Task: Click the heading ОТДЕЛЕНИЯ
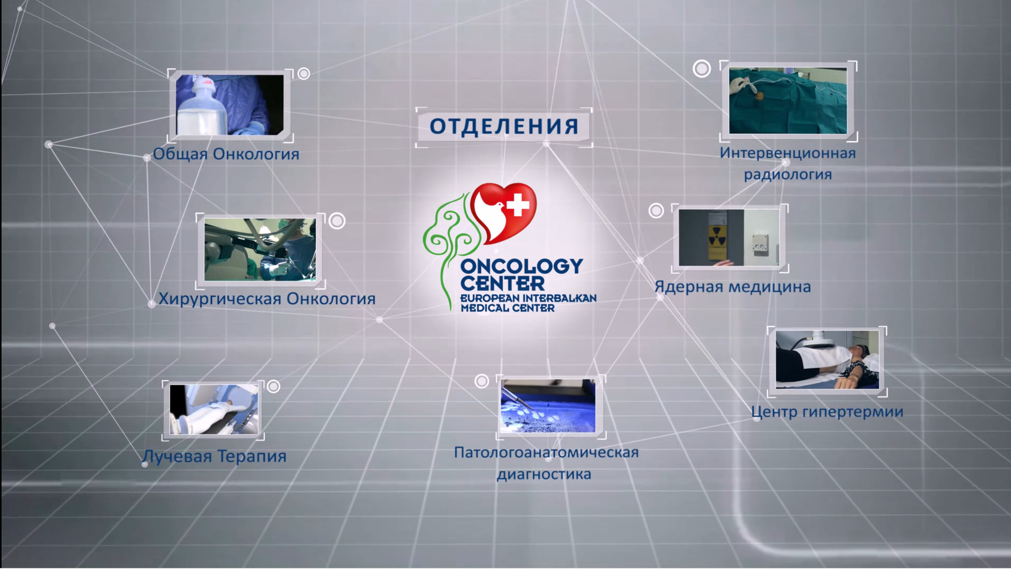click(504, 126)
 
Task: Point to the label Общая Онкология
click(226, 154)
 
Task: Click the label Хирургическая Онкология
click(267, 299)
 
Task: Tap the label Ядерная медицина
click(732, 287)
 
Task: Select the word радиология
click(788, 174)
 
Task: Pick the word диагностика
click(544, 474)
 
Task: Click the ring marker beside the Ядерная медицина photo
click(656, 211)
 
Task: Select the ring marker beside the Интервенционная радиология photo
click(701, 69)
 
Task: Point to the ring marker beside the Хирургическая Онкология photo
click(337, 221)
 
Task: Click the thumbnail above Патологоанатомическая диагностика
click(548, 406)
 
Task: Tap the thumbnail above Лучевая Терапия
click(214, 409)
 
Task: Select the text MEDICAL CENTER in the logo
click(507, 308)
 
